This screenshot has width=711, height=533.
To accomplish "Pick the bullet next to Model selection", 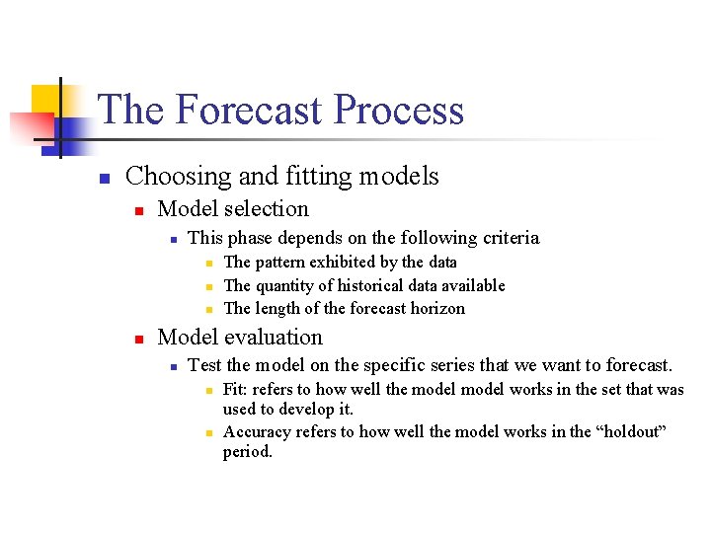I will pyautogui.click(x=139, y=211).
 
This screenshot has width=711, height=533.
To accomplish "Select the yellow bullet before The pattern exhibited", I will pyautogui.click(x=209, y=264).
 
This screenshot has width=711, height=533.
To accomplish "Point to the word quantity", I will pyautogui.click(x=290, y=286).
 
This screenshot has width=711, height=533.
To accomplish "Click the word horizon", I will pyautogui.click(x=435, y=309).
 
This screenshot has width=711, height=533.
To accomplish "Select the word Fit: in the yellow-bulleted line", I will pyautogui.click(x=238, y=390).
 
